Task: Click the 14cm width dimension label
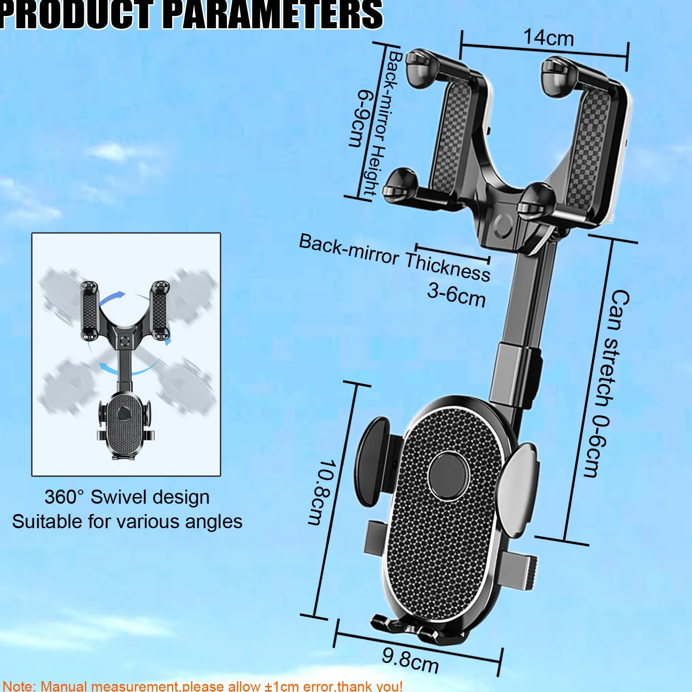(549, 38)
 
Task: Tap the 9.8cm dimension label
(410, 660)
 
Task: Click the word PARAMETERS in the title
(275, 15)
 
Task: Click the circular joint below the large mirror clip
(503, 226)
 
